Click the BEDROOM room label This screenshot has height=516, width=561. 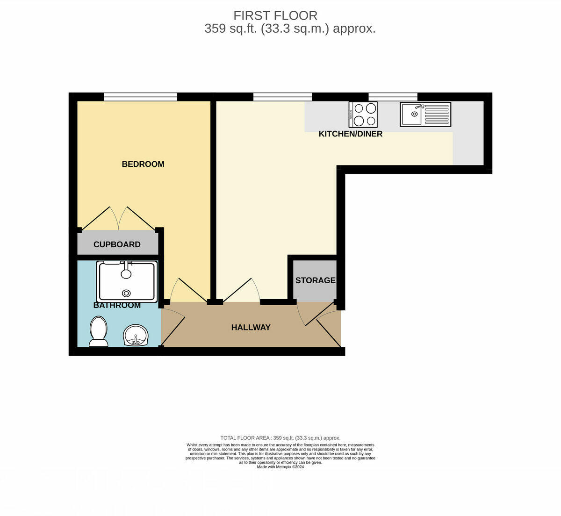[x=143, y=164]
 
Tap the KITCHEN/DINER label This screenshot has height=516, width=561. [x=350, y=134]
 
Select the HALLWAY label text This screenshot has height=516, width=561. [x=251, y=328]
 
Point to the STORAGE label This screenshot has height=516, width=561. [x=315, y=280]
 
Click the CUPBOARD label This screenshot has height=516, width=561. [x=117, y=244]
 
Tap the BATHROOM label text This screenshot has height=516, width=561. [x=117, y=306]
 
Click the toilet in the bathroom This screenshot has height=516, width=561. [x=98, y=331]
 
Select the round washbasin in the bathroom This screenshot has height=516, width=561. [x=136, y=335]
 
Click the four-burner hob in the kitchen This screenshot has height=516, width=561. [x=363, y=115]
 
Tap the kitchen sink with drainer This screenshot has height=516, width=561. [x=425, y=115]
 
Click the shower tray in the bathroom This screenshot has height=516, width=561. [x=127, y=282]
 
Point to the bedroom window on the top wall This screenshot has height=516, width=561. [x=140, y=97]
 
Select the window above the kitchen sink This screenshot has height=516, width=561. [x=393, y=97]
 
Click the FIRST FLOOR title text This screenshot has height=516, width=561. [x=275, y=15]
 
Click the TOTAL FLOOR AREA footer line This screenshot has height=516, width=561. [x=280, y=438]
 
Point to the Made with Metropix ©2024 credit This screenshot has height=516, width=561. [x=280, y=466]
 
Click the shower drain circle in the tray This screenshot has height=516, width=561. [x=126, y=293]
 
